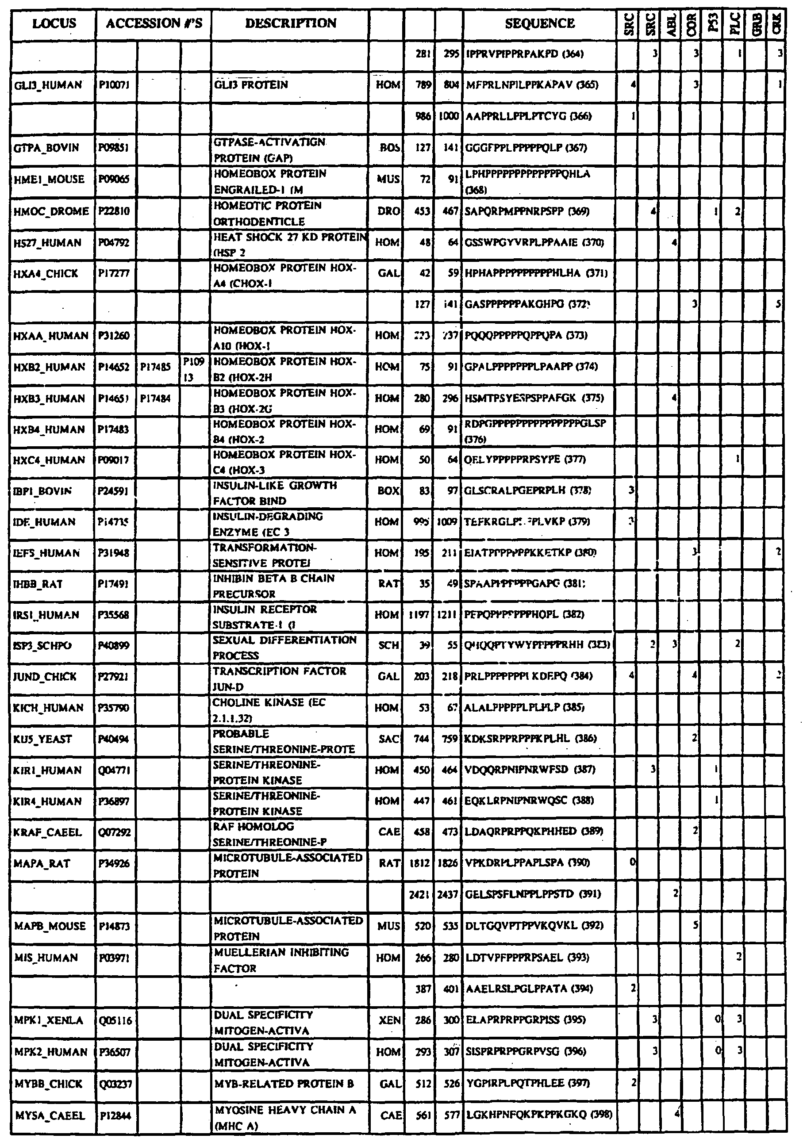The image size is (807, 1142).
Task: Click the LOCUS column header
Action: (x=54, y=23)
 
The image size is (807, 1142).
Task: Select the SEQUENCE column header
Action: (x=539, y=23)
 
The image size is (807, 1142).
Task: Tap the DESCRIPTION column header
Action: (x=291, y=23)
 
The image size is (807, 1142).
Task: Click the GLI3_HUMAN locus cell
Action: (x=48, y=85)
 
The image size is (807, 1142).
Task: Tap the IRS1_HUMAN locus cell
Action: (x=47, y=615)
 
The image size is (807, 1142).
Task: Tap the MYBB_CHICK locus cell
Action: (x=48, y=1084)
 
